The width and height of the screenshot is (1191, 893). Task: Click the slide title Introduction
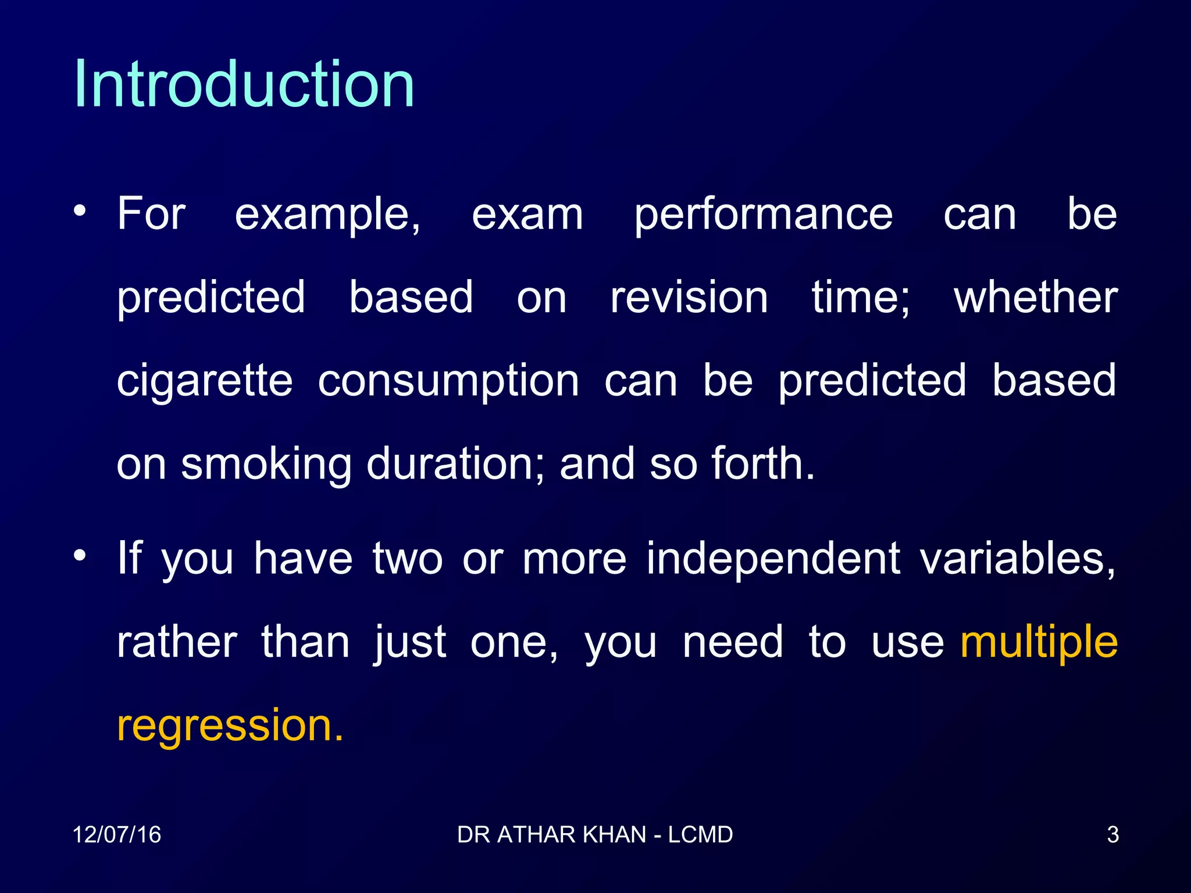[244, 85]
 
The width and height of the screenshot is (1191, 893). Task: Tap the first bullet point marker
[80, 210]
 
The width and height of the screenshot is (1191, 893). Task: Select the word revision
[689, 298]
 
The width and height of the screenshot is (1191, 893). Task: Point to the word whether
[1036, 298]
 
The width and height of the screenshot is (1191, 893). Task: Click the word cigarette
[205, 382]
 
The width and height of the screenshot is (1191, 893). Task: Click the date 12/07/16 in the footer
[116, 835]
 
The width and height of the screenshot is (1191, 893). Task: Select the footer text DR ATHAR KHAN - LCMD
[595, 835]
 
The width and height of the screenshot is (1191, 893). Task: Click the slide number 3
[1112, 835]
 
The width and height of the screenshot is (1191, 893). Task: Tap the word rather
[177, 643]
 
